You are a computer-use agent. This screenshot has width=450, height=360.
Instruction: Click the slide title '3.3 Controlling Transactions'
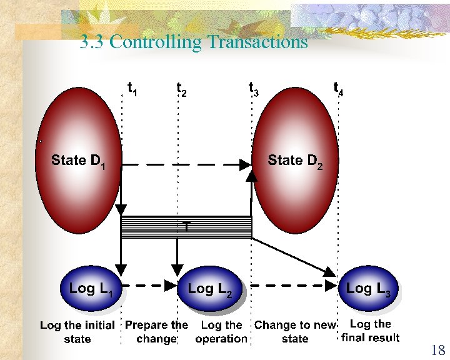[x=194, y=42]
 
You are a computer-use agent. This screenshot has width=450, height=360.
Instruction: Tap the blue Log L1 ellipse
[x=91, y=289]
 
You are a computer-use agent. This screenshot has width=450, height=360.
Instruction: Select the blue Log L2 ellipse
[x=210, y=289]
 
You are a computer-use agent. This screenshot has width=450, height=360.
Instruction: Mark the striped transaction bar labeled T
[x=186, y=227]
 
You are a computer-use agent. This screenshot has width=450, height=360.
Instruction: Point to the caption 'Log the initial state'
[x=77, y=332]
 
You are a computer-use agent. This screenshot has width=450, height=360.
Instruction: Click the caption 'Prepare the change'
[x=156, y=332]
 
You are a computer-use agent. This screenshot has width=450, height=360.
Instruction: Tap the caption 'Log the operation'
[x=221, y=332]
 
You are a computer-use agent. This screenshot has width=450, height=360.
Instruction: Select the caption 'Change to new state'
[x=295, y=332]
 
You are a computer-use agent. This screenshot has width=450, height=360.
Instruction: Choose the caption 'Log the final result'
[x=371, y=331]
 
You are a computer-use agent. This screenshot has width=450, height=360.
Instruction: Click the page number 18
[x=437, y=350]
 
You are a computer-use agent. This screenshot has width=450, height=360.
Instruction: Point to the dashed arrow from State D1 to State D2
[x=187, y=165]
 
